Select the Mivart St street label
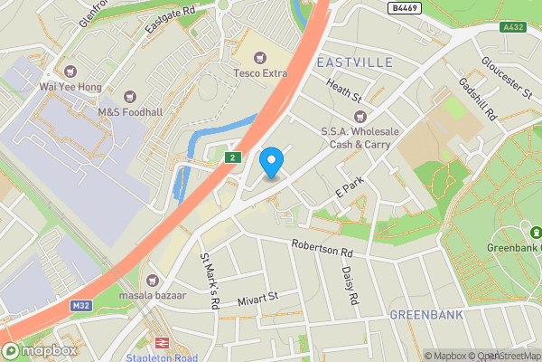(257, 297)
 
